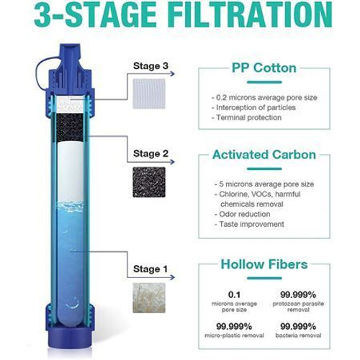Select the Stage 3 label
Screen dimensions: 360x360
(151, 67)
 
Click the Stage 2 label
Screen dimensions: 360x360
(151, 153)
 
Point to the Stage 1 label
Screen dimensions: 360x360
(151, 269)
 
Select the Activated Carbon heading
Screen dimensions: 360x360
(264, 154)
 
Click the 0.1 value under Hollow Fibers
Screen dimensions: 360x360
(234, 294)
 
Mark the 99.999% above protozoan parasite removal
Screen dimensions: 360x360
(294, 294)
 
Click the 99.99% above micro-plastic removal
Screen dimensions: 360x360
(234, 326)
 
